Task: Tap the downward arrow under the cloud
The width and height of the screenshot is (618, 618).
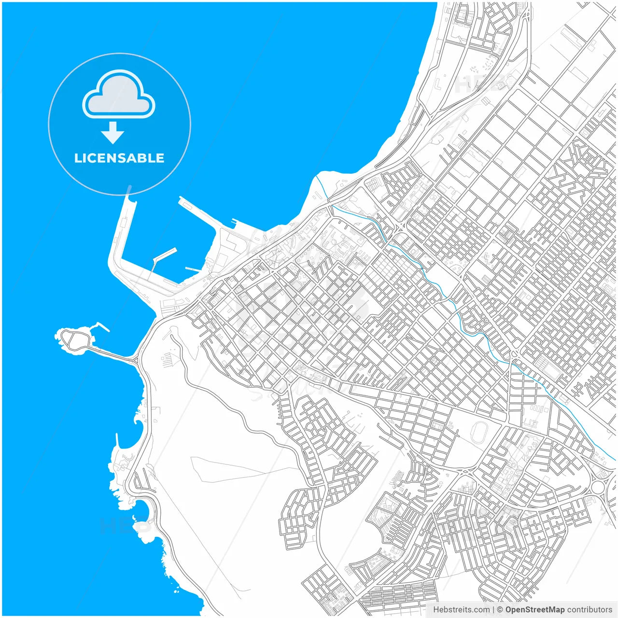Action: [x=113, y=132]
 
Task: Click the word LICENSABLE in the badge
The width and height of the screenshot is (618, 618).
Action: [x=119, y=158]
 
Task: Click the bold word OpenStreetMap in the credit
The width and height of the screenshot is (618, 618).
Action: [x=534, y=610]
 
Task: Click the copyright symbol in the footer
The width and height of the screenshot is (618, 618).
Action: [x=500, y=610]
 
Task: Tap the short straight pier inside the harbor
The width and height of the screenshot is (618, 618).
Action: [x=193, y=269]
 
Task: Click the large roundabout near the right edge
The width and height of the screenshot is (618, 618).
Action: [x=598, y=487]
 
